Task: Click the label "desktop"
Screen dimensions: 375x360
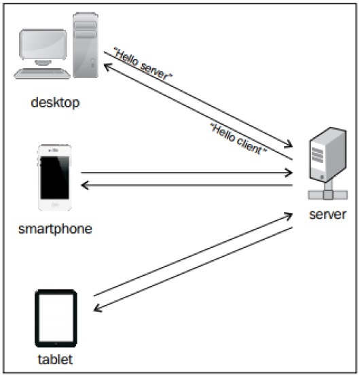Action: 55,103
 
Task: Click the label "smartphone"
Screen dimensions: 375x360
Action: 55,228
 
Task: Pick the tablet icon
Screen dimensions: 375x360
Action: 55,318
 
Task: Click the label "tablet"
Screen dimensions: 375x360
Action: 55,358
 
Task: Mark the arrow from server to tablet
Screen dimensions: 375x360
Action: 194,270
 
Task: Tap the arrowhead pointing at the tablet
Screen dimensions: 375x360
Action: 97,309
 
